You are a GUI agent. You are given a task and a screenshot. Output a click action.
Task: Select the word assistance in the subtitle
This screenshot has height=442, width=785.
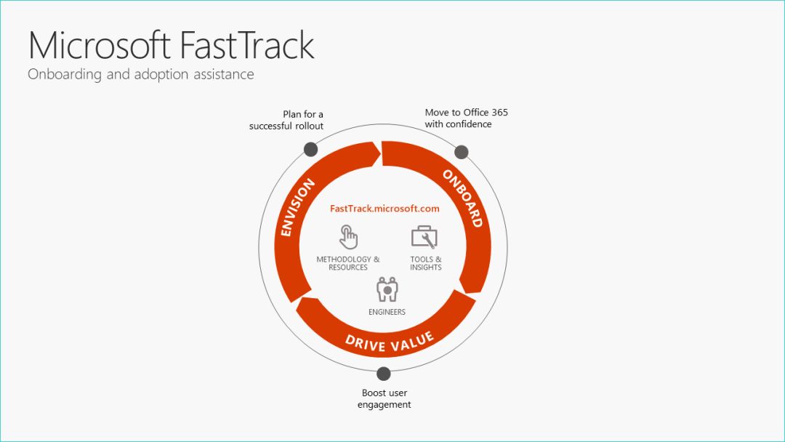pos(220,74)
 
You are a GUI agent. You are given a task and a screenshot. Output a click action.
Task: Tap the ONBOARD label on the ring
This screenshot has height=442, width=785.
pos(462,198)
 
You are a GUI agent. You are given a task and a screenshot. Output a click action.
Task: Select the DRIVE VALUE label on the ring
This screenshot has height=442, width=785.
pos(389,340)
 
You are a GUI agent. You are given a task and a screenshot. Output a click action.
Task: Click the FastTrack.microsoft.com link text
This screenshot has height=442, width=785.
pos(385,209)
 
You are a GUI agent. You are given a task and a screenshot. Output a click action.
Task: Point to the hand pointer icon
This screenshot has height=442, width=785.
pos(348,237)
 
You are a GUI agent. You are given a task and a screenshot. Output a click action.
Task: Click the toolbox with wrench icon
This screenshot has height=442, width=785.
pos(424,237)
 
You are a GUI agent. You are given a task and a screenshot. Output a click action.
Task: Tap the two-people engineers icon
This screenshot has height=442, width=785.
pos(387,289)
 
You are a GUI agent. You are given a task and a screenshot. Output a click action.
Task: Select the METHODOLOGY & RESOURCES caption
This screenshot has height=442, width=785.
pos(348,263)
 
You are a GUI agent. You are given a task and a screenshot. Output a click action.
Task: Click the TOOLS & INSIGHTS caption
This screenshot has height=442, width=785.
pos(426,263)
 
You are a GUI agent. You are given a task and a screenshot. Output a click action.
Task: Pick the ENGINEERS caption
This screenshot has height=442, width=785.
pos(387,313)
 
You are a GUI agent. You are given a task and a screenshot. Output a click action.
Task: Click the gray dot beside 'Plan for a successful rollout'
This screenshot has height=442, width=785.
pos(310,149)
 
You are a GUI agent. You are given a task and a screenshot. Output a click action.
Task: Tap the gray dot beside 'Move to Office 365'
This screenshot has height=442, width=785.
pos(461,152)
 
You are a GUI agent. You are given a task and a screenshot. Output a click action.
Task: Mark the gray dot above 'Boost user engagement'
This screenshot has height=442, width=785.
pos(384,374)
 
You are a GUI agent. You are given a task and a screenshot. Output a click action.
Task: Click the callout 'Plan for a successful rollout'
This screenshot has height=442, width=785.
pos(286,120)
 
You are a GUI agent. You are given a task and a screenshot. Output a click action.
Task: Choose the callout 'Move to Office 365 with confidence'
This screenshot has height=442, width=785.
pos(466,118)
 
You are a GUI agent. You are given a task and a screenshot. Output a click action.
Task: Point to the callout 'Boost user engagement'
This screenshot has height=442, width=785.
pos(384,399)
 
